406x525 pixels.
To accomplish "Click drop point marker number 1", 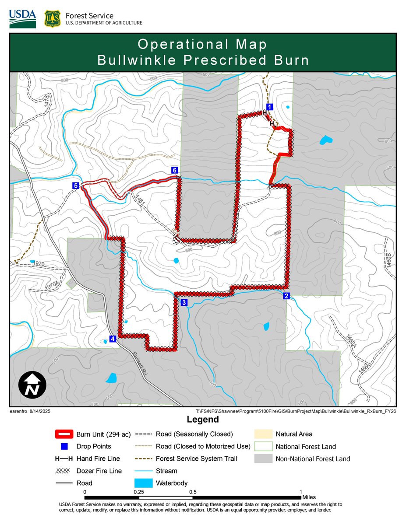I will [270, 107].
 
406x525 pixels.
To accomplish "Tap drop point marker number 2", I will [286, 296].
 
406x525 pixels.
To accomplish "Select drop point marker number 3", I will [184, 303].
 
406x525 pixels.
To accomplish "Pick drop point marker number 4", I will [113, 339].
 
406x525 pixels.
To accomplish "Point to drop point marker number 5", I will [76, 186].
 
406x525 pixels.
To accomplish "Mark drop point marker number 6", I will [174, 170].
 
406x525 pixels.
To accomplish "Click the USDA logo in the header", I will [22, 18].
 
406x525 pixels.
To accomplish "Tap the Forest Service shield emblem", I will [52, 19].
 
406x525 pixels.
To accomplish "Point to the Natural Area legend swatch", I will [262, 434].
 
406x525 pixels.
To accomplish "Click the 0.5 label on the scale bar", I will [193, 492].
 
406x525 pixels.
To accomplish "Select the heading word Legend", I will [203, 420].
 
